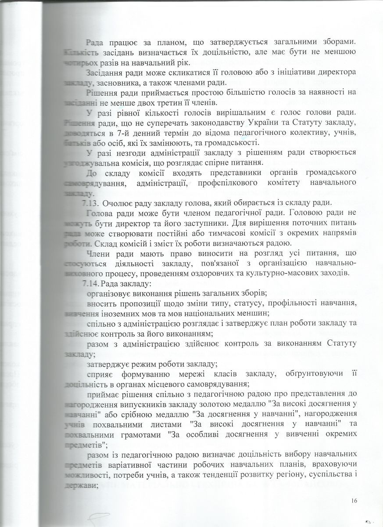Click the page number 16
(355, 500)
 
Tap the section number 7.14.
(90, 283)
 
